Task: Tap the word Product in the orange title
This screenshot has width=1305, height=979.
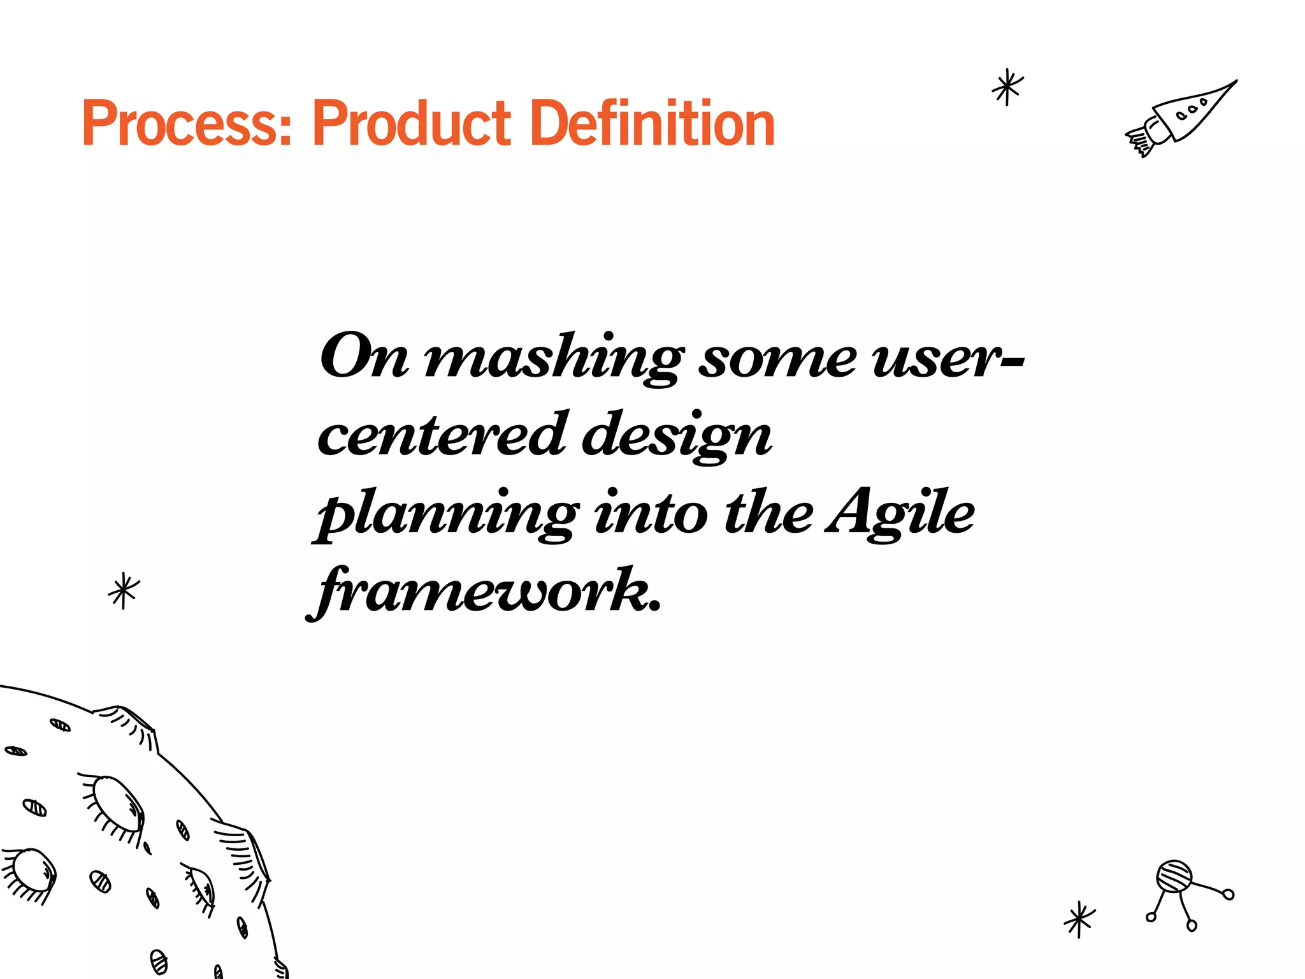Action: tap(411, 124)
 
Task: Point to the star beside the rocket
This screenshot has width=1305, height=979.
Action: tap(1007, 87)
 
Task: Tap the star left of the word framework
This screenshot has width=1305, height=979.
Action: tap(124, 590)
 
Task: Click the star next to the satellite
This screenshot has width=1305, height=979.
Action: tap(1079, 919)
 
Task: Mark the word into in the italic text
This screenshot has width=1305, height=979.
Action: tap(651, 512)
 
